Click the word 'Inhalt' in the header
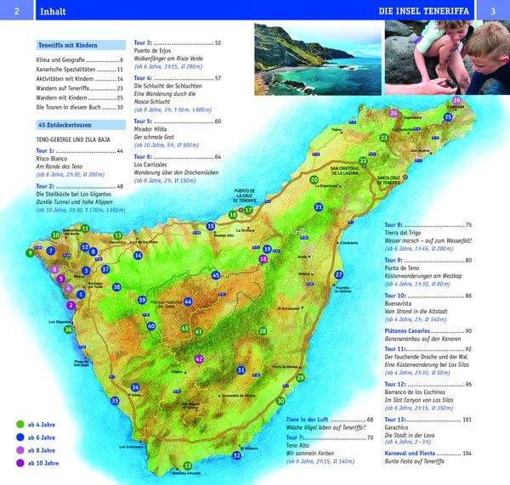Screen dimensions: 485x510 pos(53,11)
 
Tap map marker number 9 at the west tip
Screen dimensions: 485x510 pos(30,252)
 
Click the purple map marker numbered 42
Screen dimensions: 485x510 pos(199,359)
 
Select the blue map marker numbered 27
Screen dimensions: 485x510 pos(338,274)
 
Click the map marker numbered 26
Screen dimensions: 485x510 pos(456,101)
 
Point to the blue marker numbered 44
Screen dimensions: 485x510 pos(188,302)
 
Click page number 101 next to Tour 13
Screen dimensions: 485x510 pos(467,420)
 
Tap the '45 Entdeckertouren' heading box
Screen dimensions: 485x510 pos(68,125)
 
